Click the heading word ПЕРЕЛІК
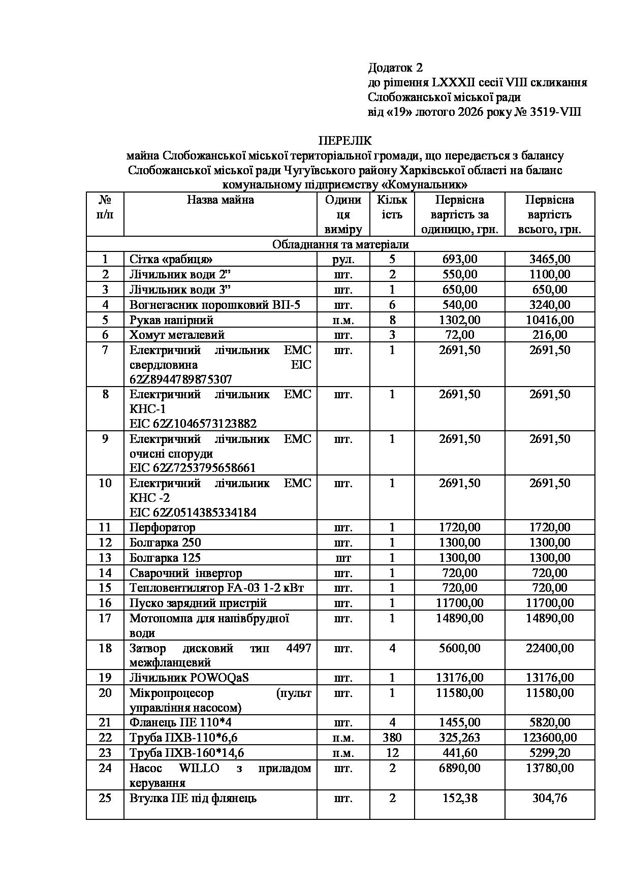345,141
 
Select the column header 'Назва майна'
220,200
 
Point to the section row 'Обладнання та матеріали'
340,244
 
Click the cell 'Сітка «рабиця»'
171,260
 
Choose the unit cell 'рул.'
343,260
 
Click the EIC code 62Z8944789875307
181,379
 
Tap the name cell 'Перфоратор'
163,527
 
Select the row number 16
105,603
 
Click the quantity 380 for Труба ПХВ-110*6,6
392,738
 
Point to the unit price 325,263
459,738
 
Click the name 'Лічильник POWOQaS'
189,678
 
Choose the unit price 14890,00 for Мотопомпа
459,618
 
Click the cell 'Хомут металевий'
177,335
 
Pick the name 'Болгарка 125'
165,558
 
